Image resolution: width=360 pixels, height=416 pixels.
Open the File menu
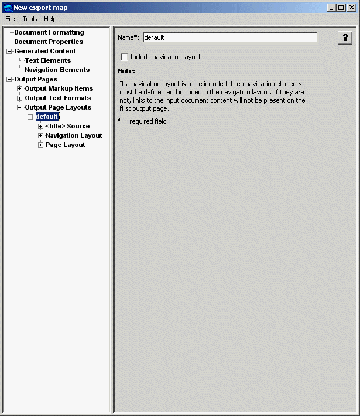10,19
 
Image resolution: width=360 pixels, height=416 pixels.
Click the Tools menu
30,19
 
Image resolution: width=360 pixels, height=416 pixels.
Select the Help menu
50,19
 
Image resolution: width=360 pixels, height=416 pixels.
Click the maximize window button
341,8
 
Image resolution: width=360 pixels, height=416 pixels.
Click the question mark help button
345,37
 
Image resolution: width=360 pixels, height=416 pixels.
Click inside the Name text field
230,37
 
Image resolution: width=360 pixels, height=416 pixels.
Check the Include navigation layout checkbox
124,57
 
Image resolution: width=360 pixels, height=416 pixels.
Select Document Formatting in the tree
49,32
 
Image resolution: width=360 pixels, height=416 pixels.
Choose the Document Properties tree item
49,42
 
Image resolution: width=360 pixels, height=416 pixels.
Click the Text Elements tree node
47,60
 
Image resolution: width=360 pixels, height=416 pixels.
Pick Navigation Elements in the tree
57,70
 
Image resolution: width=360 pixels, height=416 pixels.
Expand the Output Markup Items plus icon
19,88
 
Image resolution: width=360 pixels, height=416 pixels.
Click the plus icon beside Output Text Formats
19,98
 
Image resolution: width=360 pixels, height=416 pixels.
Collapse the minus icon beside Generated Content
9,51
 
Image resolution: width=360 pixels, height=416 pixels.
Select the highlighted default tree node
47,117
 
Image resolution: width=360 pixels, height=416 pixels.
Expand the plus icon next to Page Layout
40,145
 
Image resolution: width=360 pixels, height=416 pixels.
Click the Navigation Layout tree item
74,135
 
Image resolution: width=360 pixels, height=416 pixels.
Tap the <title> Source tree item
67,126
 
